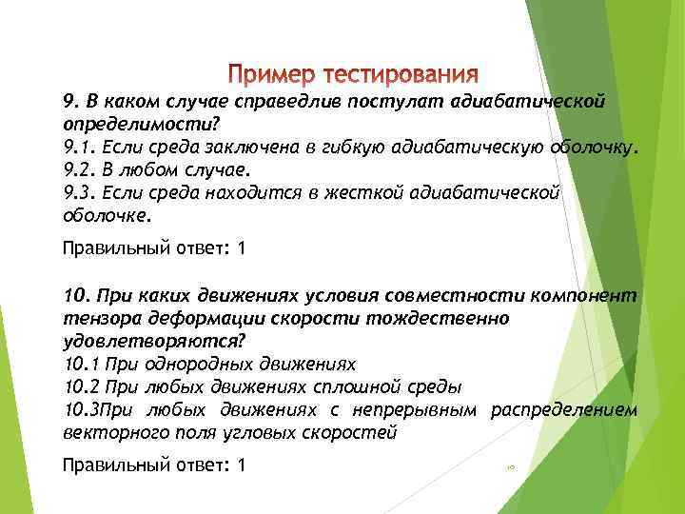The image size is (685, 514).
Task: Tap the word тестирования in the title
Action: pyautogui.click(x=400, y=74)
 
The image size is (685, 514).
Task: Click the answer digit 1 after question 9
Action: pyautogui.click(x=242, y=249)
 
